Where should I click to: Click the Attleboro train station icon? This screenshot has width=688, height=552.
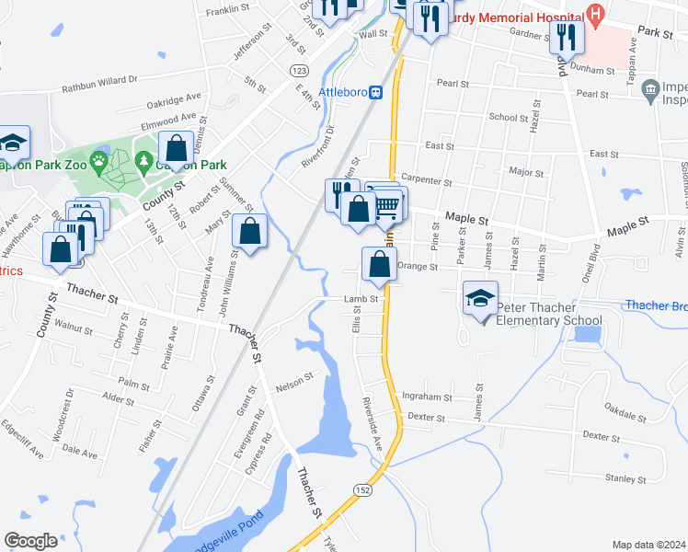point(376,92)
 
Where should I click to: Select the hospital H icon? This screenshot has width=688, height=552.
point(596,15)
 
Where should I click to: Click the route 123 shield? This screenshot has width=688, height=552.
point(298,71)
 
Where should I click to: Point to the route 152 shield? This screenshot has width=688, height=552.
point(364,491)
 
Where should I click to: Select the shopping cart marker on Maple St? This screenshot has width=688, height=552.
point(389,206)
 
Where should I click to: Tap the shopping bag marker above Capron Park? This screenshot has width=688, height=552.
point(175,150)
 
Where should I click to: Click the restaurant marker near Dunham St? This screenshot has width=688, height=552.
point(566,38)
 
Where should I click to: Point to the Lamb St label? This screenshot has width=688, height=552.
point(361,299)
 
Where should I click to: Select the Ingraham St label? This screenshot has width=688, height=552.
point(427,397)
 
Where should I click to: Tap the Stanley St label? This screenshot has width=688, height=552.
point(626,478)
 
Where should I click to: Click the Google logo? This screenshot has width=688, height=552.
point(30,541)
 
